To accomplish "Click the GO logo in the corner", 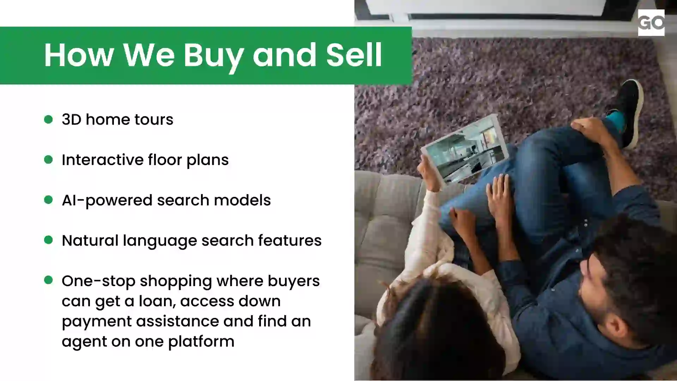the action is coord(651,23).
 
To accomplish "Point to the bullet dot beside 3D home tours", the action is coord(48,119).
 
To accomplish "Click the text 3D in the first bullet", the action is coord(72,120).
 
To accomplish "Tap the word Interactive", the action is coord(102,160).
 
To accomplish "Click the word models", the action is coord(242,200).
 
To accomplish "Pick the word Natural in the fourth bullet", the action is coord(90,241).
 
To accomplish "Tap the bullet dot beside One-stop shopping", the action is coord(48,280).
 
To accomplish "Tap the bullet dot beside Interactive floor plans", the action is coord(48,159).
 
